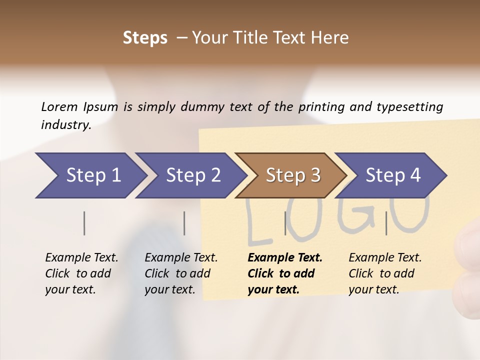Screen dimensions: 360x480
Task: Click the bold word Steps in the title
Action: (x=145, y=38)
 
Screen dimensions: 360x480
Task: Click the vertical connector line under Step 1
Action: (x=84, y=223)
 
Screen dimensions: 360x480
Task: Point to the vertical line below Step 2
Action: (x=184, y=223)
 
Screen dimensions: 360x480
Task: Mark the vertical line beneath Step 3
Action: (x=285, y=223)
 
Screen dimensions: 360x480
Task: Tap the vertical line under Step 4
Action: (x=386, y=223)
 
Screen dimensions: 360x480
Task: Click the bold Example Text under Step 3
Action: (x=285, y=273)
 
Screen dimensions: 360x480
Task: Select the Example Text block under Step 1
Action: (x=81, y=273)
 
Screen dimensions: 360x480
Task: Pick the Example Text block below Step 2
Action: (x=181, y=273)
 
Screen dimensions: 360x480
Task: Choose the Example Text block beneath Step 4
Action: (x=385, y=273)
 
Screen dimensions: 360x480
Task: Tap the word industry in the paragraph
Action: (x=65, y=124)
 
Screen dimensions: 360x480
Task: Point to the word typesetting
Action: (x=409, y=106)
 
